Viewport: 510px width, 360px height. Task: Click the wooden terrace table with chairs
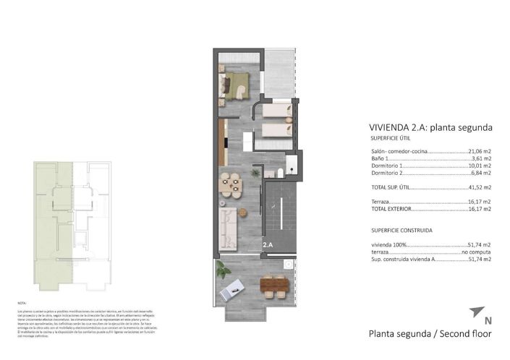(274, 286)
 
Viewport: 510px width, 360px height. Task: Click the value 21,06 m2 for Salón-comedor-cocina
(480, 151)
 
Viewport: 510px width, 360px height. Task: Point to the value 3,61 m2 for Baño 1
(483, 158)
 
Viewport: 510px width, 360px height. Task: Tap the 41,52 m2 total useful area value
(480, 187)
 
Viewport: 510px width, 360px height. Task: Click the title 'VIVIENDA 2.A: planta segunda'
(430, 127)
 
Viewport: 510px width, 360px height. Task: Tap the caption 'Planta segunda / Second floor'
(430, 334)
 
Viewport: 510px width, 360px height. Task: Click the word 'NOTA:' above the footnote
(22, 303)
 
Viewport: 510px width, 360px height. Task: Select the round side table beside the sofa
(244, 212)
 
